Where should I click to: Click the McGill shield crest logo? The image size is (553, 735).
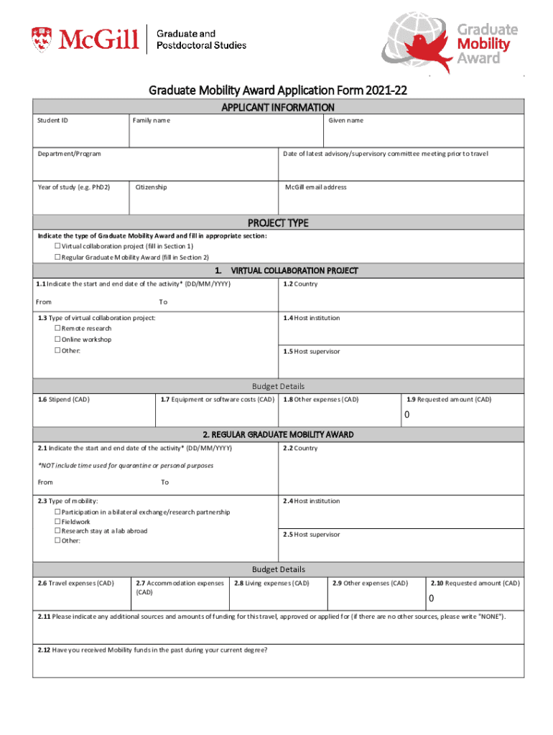42,39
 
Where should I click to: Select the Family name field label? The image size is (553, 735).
151,121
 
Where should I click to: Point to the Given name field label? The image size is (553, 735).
345,121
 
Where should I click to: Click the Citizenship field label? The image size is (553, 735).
151,187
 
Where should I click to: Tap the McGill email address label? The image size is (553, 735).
315,187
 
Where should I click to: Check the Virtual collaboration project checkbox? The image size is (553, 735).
57,246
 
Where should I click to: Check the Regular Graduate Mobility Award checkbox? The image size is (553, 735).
57,257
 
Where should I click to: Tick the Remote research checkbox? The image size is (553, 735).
57,329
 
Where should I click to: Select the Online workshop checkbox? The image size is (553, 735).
57,340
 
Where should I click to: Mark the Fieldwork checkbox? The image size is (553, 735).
57,522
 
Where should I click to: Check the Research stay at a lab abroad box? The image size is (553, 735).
57,531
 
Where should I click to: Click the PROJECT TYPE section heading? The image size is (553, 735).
278,223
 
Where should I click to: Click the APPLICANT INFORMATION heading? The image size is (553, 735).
278,108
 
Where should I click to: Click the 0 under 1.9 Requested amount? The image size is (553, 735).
406,415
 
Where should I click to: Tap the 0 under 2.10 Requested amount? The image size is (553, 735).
432,599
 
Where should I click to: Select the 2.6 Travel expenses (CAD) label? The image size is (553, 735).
75,584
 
